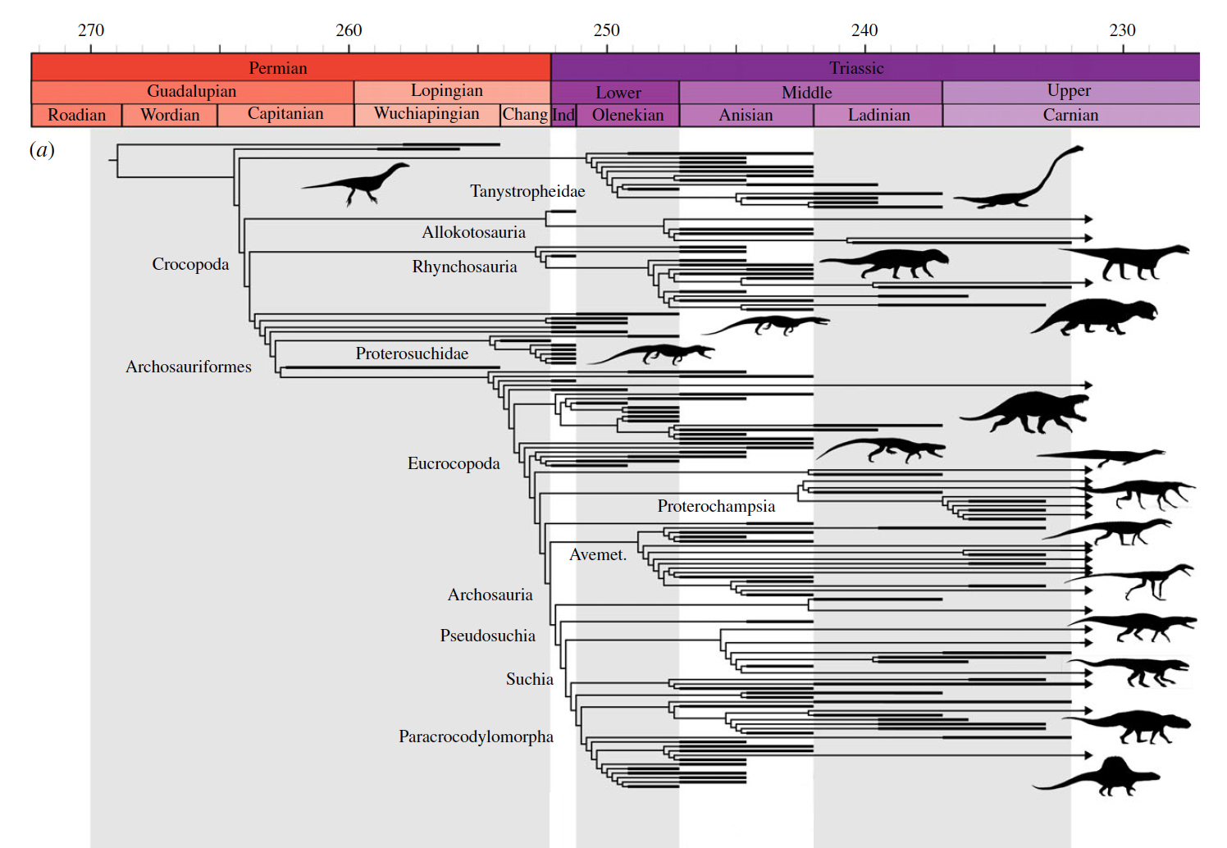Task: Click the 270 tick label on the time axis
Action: [x=91, y=30]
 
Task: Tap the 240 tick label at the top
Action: [x=864, y=30]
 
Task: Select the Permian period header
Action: [x=278, y=68]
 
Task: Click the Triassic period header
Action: [x=856, y=68]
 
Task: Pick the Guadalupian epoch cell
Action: [x=191, y=91]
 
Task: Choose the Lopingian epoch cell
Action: [x=447, y=91]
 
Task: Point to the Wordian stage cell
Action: [x=170, y=115]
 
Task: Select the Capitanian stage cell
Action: [x=285, y=114]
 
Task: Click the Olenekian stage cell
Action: [x=628, y=115]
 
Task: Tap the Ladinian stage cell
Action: [x=878, y=115]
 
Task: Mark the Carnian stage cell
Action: [x=1070, y=115]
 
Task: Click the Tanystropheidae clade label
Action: [x=527, y=191]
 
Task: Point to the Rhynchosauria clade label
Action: [x=464, y=267]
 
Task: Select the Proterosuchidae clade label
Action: [x=412, y=353]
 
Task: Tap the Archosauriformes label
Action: [x=189, y=367]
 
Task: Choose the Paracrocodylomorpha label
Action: [x=476, y=736]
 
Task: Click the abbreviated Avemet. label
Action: [x=598, y=554]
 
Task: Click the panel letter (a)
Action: [x=42, y=149]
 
